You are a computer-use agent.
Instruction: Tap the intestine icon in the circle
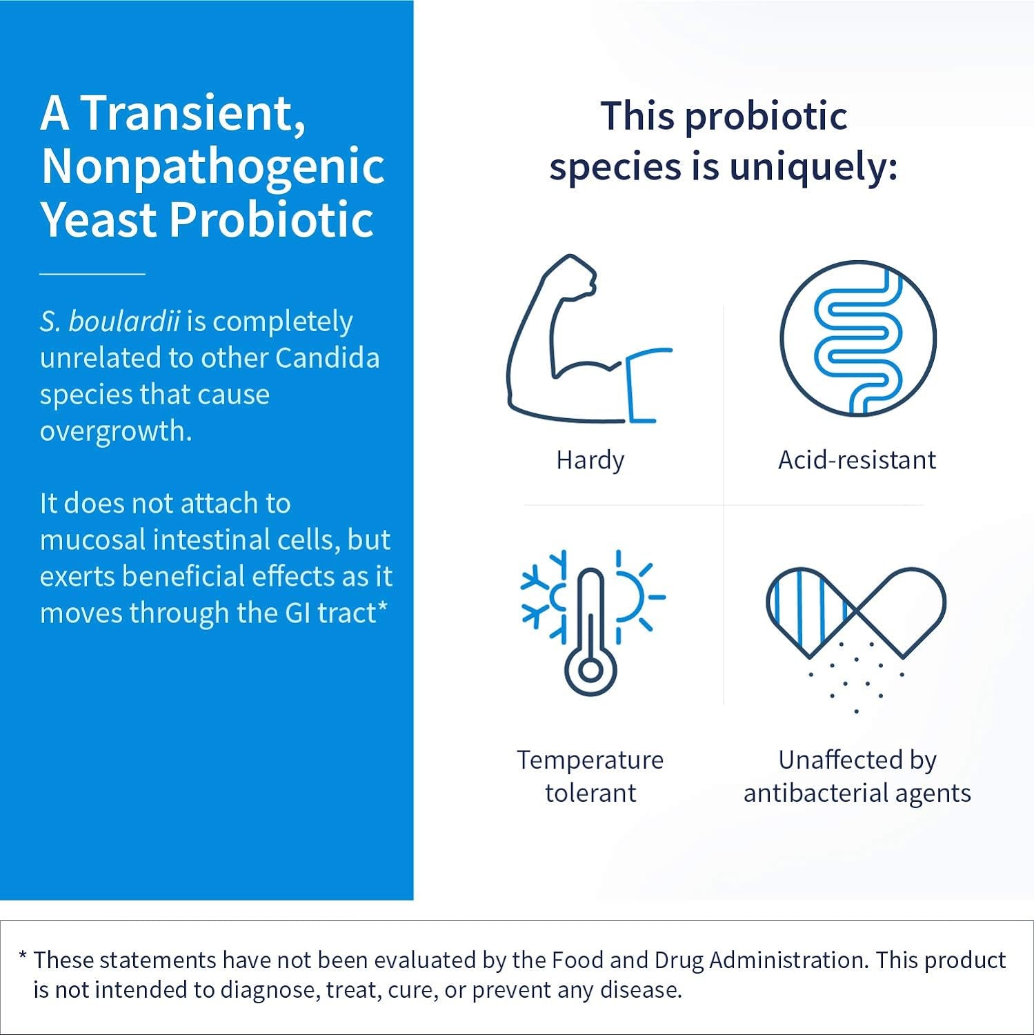coord(857,339)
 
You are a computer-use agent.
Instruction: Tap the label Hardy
coord(590,460)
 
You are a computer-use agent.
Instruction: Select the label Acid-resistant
coord(857,460)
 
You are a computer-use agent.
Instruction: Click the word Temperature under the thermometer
coord(590,760)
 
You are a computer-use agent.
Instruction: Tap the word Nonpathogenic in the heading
coord(213,167)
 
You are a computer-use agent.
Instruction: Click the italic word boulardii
coord(124,322)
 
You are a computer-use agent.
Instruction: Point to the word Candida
coord(328,357)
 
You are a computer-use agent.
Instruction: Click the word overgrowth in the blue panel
coord(116,432)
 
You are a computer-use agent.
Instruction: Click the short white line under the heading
coord(92,274)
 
